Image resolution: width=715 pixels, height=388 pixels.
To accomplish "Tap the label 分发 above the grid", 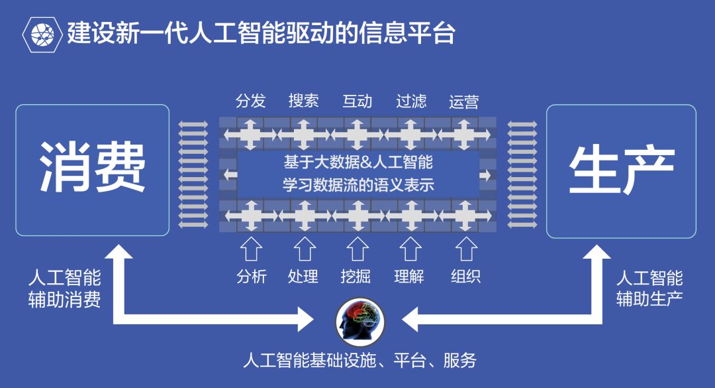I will point(250,101).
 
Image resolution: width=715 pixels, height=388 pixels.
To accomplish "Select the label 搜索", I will point(304,101).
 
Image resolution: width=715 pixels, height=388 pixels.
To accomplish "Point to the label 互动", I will point(358,101).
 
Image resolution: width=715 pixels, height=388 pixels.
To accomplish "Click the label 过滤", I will point(411,101).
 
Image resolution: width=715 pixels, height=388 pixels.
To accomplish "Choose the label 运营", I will point(463,101).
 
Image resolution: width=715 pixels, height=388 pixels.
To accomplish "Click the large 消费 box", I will point(93,170).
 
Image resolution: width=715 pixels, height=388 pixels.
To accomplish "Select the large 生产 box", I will point(621,170).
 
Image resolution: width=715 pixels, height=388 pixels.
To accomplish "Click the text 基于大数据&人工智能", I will point(358,162).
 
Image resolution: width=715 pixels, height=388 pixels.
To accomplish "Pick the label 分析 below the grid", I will point(252,276).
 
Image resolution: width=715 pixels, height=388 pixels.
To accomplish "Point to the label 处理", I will point(304,276).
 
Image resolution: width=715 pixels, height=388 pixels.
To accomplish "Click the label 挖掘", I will point(358,276).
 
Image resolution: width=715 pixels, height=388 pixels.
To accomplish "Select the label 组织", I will point(465,276).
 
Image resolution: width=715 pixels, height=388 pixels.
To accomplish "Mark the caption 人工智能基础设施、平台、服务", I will point(359,361).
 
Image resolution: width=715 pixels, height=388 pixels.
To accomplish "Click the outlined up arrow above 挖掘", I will point(358,249).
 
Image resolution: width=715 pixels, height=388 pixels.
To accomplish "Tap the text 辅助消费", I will point(65,300).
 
